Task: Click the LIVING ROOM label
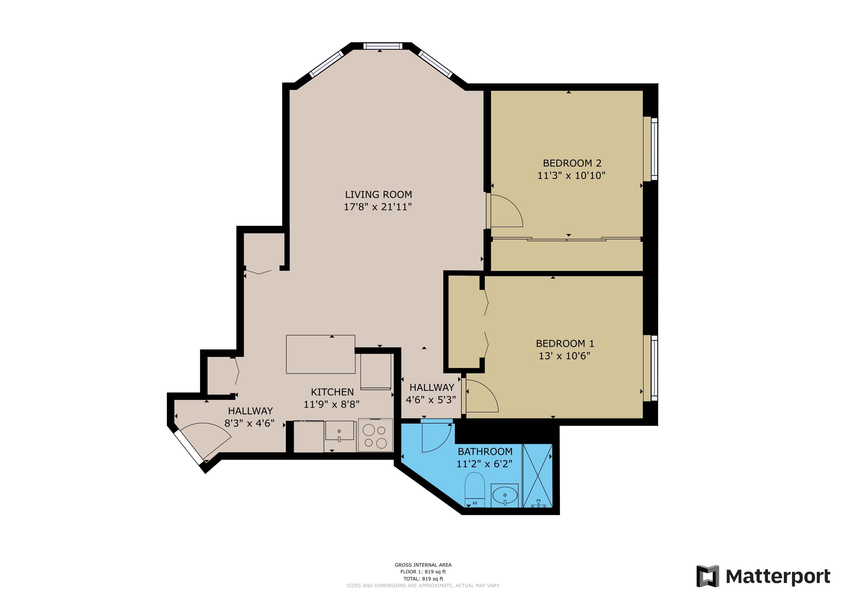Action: (378, 194)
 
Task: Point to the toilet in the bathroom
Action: (474, 489)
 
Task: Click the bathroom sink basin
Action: (505, 495)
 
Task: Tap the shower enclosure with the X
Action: (537, 476)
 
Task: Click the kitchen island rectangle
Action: (320, 354)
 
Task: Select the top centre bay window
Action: (382, 46)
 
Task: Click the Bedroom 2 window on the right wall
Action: (654, 149)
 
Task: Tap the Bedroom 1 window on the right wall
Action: (654, 368)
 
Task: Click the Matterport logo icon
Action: (708, 576)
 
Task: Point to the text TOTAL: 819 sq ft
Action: (423, 579)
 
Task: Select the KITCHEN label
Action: (332, 392)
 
